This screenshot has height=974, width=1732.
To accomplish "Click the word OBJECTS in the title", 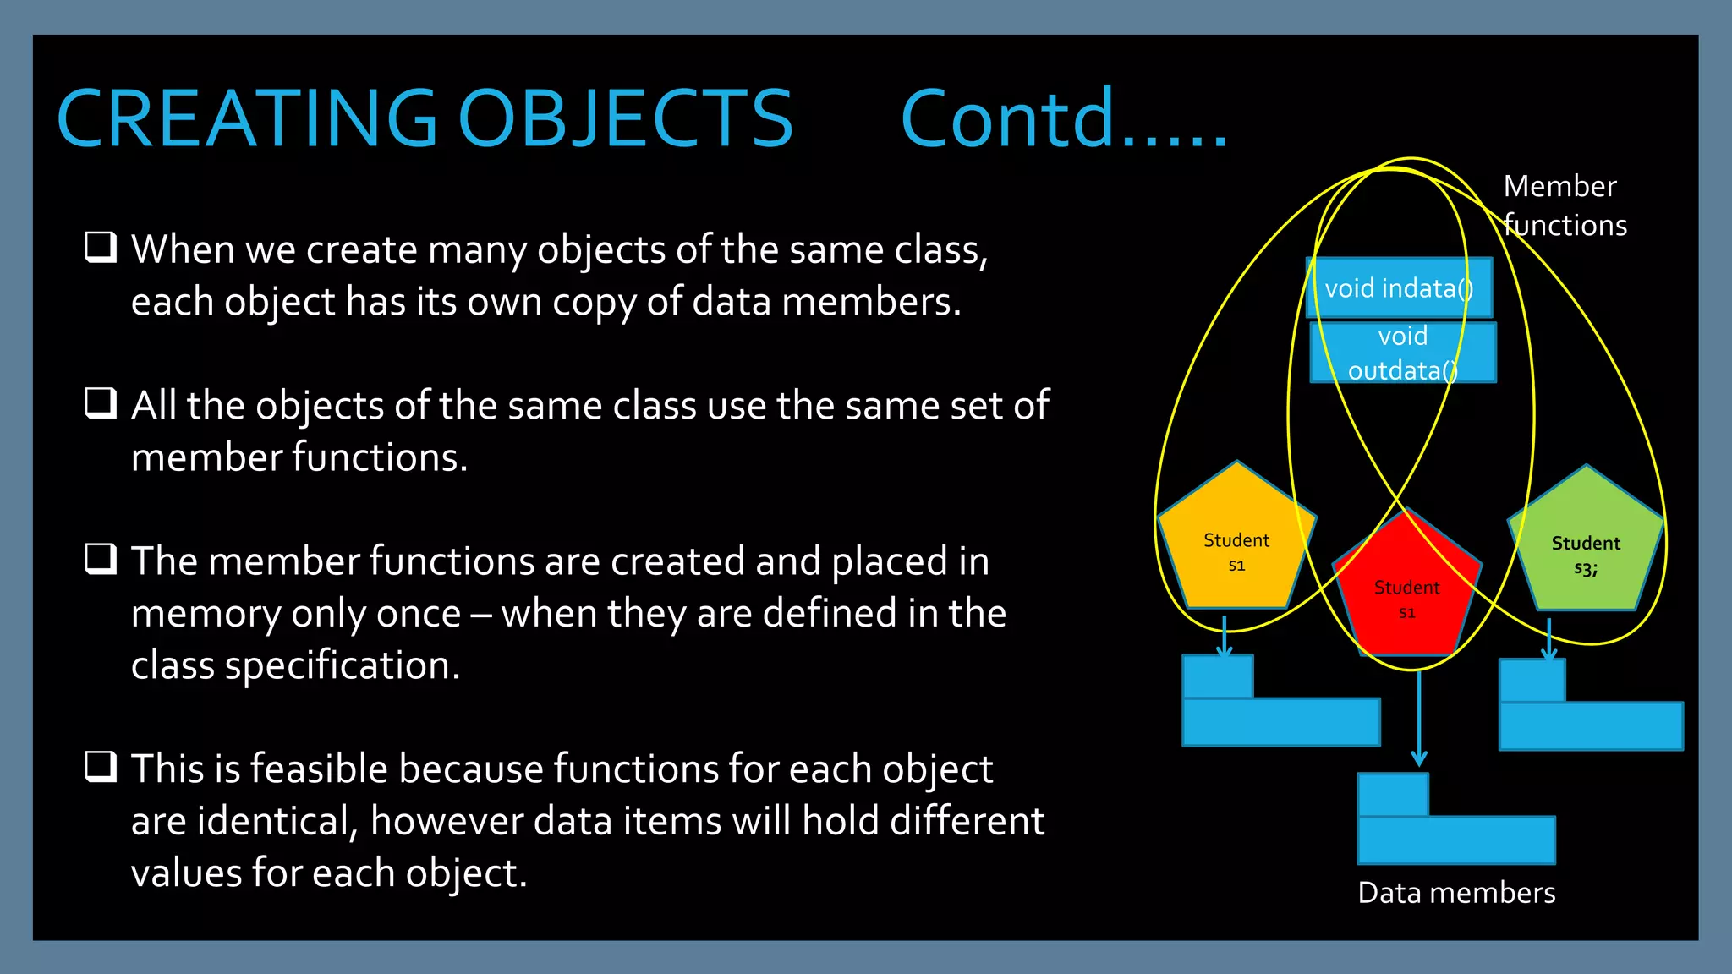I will tap(625, 119).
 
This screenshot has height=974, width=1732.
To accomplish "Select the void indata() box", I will tap(1399, 288).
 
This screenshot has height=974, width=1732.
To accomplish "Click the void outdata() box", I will tap(1403, 353).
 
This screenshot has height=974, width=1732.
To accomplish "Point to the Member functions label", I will tap(1564, 205).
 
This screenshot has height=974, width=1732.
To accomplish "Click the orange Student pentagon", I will tap(1236, 545).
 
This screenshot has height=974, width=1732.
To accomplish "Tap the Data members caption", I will tap(1456, 893).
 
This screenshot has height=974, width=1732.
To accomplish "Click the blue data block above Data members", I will tap(1455, 838).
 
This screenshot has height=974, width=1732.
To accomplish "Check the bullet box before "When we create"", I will tap(101, 248).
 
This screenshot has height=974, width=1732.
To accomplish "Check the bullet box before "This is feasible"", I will tap(101, 767).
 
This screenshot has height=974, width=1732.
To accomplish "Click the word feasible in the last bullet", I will tap(314, 769).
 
